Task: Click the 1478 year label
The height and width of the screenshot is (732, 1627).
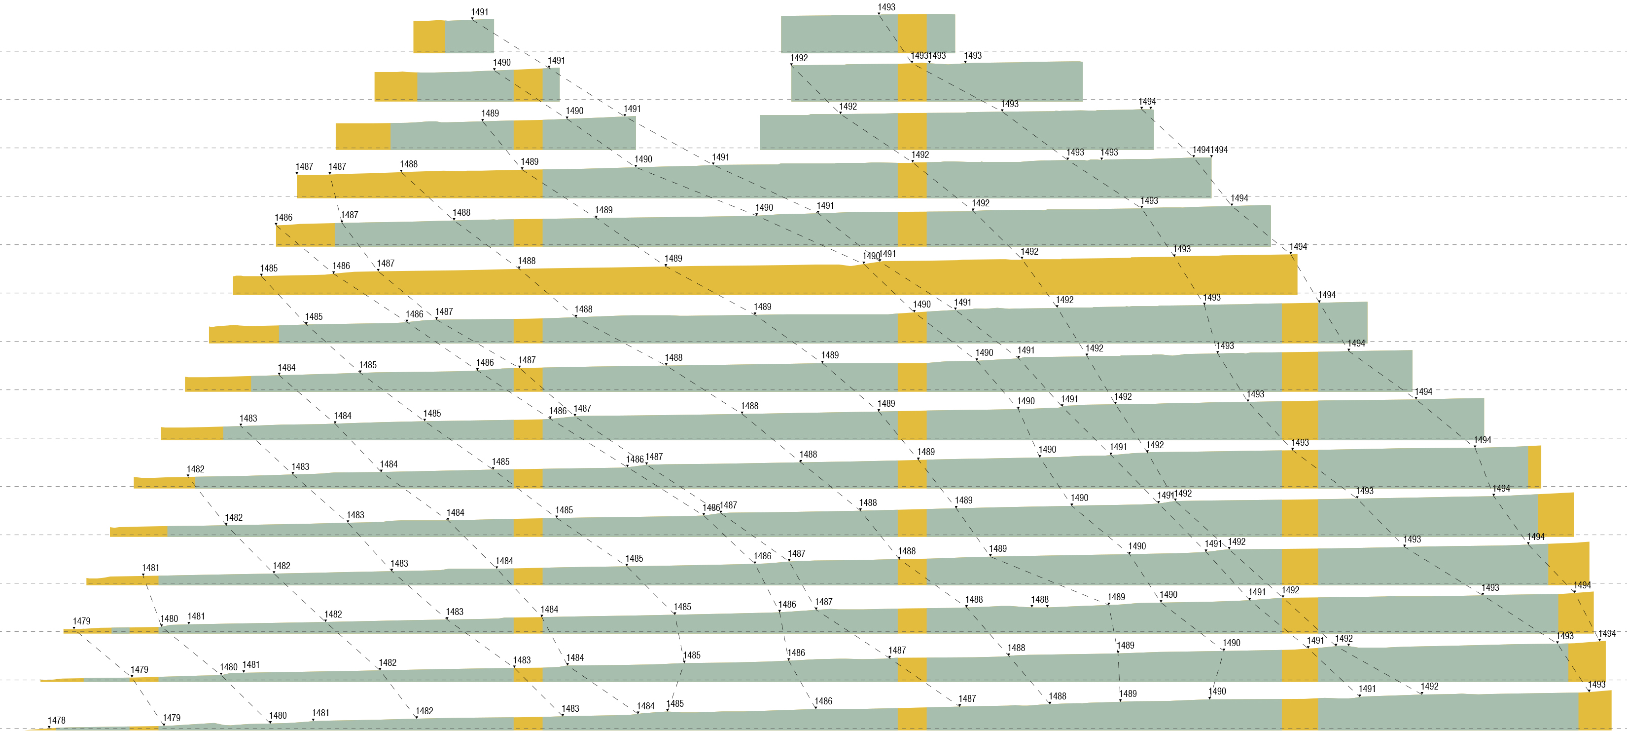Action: point(56,721)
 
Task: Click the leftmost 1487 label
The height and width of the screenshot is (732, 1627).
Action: point(304,167)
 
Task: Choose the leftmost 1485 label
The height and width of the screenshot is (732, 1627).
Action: point(269,269)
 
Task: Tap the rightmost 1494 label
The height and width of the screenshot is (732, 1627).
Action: point(1607,633)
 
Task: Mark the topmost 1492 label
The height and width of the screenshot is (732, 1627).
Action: point(799,58)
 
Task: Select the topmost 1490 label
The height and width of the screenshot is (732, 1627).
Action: point(501,63)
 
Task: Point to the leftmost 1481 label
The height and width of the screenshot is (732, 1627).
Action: point(150,568)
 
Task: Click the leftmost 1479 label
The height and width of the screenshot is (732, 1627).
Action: point(81,621)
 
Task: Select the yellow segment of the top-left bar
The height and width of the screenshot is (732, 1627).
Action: point(429,37)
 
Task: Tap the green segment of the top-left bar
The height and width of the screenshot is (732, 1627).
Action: point(469,36)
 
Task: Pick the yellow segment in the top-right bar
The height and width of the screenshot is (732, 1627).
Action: point(912,33)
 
